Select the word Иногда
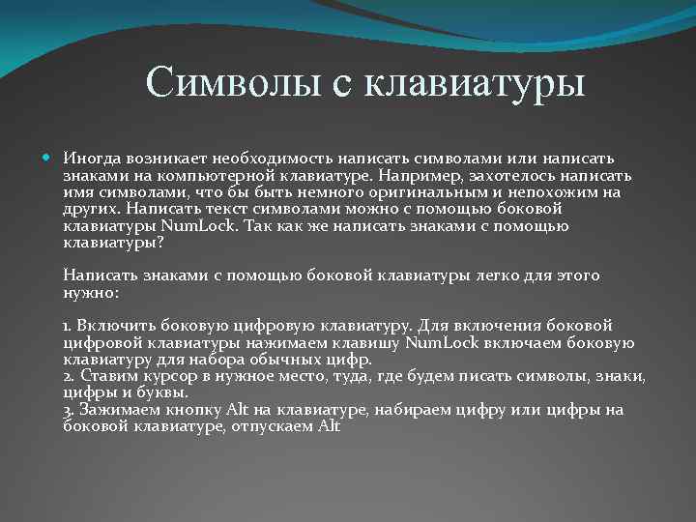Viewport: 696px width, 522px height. (x=91, y=158)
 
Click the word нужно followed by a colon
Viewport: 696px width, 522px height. (x=89, y=292)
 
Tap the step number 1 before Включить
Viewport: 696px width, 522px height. (x=66, y=326)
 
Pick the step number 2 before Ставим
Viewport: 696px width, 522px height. (x=67, y=376)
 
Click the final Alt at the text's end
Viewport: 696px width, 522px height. (x=329, y=426)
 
